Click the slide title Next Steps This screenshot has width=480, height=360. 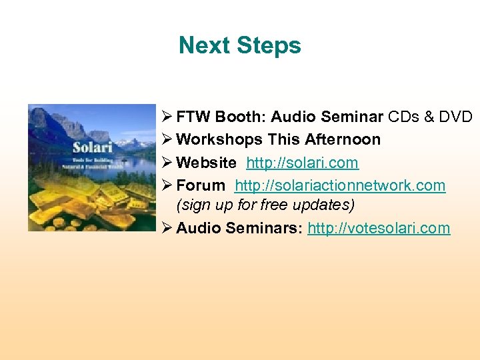click(240, 45)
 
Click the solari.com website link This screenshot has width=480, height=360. click(302, 163)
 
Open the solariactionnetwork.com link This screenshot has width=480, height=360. click(340, 185)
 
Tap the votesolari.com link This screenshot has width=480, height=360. click(379, 228)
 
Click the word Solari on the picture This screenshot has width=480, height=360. click(91, 147)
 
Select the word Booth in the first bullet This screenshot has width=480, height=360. click(242, 117)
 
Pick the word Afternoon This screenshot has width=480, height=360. click(344, 140)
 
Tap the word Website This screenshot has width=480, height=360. click(206, 163)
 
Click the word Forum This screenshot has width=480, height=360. click(201, 185)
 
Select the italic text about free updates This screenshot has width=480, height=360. click(265, 205)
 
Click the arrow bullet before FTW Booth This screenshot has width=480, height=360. click(167, 117)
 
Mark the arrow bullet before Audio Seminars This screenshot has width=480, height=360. click(167, 228)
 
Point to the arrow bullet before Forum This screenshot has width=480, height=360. click(167, 185)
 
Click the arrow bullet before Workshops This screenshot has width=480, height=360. click(167, 140)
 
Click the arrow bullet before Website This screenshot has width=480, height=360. click(167, 163)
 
